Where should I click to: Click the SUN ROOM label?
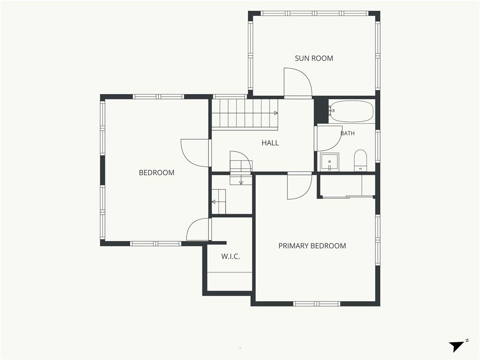[x=314, y=58]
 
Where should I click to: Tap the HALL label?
[x=270, y=142]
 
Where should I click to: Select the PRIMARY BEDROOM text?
[x=312, y=246]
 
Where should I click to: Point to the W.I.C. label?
[x=231, y=256]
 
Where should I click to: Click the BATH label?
[x=348, y=133]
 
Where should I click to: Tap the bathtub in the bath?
[x=352, y=112]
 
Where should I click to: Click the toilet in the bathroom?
[x=360, y=160]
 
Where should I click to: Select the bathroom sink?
[x=330, y=162]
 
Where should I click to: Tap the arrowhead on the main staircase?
[x=276, y=113]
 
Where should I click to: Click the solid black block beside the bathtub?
[x=322, y=111]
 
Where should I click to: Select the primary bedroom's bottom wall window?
[x=317, y=304]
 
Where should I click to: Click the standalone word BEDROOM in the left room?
[x=157, y=172]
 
